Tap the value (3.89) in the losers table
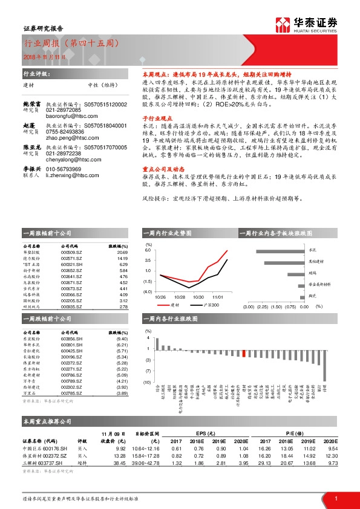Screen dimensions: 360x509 (121, 393)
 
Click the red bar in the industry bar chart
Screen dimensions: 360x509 (243, 354)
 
